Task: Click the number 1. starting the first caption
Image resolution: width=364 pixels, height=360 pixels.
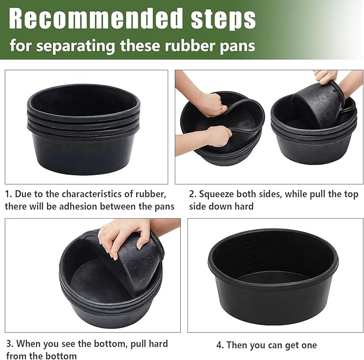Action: point(8,194)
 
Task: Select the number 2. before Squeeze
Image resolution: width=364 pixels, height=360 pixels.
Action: point(192,194)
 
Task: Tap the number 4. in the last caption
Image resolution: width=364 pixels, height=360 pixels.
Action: point(220,345)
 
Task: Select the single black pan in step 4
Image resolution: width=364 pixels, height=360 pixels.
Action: point(273,274)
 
